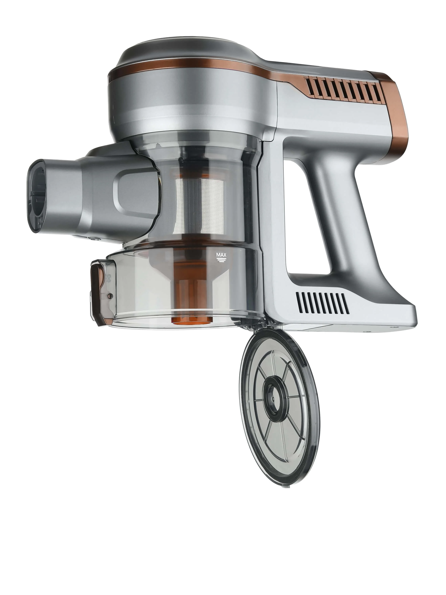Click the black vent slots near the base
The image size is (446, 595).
(322, 303)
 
